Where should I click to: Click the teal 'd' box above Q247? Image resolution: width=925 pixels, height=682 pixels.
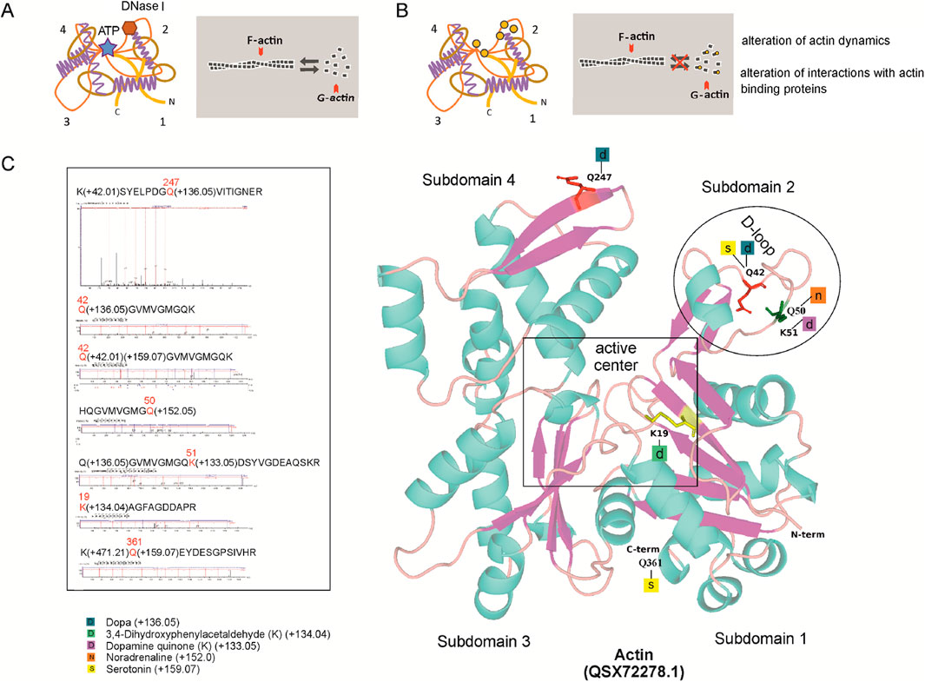[602, 155]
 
